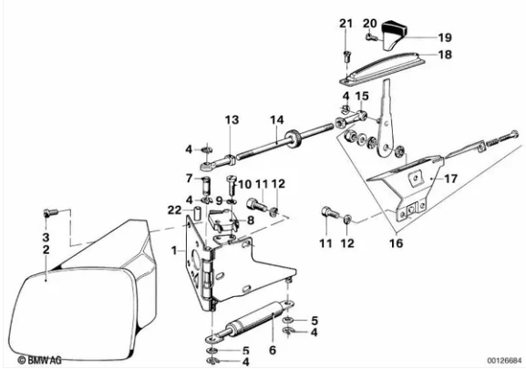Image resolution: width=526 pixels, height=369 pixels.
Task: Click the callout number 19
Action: [445, 37]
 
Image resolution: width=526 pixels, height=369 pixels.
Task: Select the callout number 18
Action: [445, 55]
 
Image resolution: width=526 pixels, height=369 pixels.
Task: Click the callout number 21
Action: [346, 24]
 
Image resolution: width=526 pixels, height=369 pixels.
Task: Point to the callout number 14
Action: [277, 120]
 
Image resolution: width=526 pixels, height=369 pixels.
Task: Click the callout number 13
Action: [232, 119]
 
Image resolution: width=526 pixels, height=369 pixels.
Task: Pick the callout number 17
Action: [451, 179]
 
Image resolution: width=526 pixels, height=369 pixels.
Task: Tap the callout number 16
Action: [396, 243]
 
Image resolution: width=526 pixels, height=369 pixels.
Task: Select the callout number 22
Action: [174, 210]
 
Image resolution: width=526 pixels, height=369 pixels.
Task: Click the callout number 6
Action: [273, 350]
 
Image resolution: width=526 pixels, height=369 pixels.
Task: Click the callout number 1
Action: [174, 250]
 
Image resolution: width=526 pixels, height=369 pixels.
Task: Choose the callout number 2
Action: [46, 250]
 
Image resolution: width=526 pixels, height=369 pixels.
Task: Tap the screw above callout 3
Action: [51, 212]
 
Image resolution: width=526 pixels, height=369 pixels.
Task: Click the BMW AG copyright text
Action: [39, 360]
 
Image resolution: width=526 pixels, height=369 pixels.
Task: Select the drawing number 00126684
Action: [505, 361]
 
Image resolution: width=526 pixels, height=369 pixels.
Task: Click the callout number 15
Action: [362, 97]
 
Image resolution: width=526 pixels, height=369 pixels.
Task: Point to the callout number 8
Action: [251, 220]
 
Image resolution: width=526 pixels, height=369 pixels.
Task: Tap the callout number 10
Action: [245, 184]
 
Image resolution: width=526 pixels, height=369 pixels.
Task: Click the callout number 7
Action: [190, 179]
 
